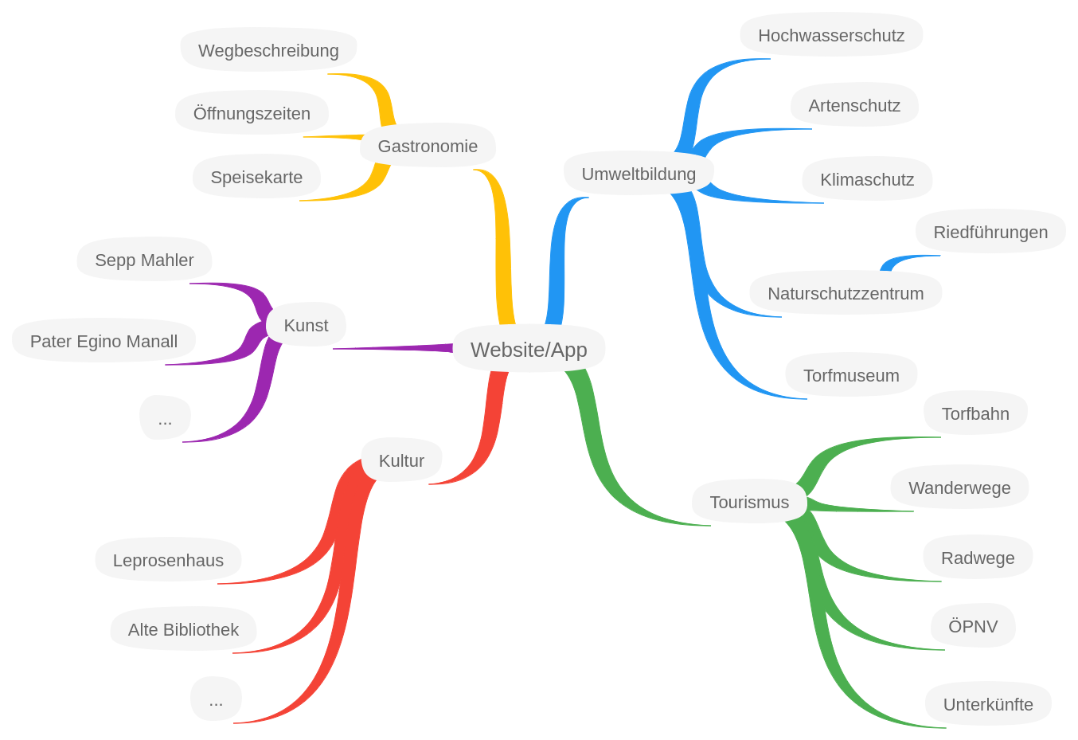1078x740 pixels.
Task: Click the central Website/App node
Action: point(529,349)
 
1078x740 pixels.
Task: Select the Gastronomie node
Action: point(428,146)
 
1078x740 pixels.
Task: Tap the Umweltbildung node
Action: point(639,174)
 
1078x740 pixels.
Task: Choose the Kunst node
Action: point(306,325)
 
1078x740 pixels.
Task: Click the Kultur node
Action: point(401,460)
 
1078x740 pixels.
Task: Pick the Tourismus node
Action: point(749,502)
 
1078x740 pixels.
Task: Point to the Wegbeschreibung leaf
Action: point(268,50)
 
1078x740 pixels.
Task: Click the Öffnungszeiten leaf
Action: point(252,113)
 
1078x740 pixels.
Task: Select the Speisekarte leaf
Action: point(256,177)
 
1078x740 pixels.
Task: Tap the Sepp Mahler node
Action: point(144,260)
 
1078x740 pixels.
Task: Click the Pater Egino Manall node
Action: point(104,341)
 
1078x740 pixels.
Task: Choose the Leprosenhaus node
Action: point(168,560)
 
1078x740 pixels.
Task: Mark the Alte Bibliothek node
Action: point(183,629)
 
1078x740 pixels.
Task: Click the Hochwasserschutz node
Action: point(831,35)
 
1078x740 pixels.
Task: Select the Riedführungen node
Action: point(990,232)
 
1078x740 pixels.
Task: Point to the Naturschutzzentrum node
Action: point(846,293)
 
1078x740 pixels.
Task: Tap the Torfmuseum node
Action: point(851,375)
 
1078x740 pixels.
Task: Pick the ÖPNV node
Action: point(973,626)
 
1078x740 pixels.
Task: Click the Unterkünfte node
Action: point(988,704)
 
